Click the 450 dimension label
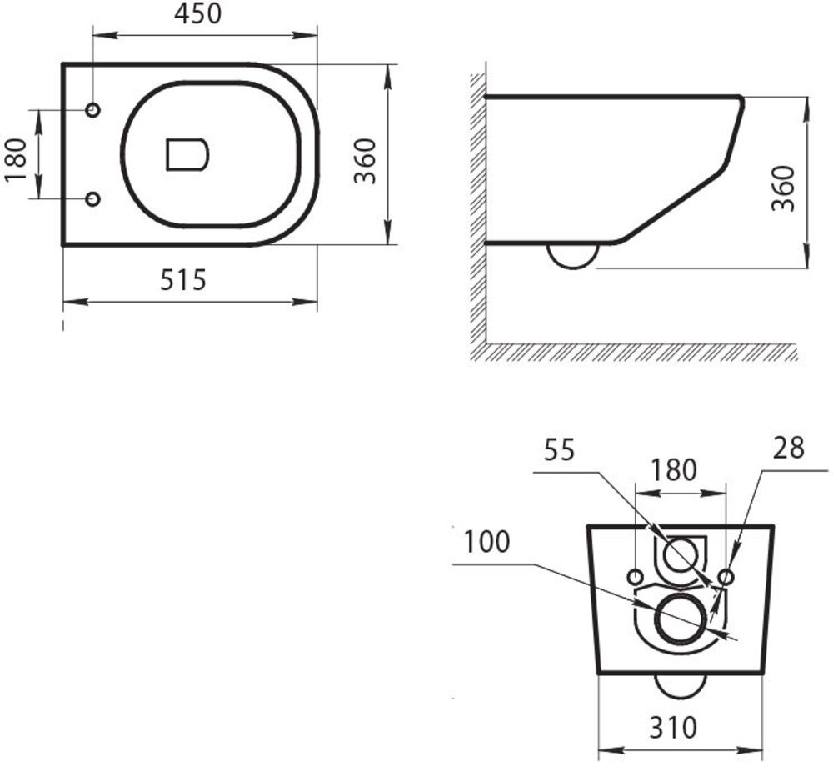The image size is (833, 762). click(x=197, y=14)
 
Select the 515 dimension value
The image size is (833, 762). click(x=182, y=280)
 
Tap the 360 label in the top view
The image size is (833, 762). click(x=365, y=161)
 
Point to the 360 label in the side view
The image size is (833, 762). click(x=783, y=188)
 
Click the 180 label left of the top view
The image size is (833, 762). click(x=15, y=159)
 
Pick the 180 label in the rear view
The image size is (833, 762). click(x=673, y=470)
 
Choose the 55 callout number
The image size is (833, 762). click(x=559, y=450)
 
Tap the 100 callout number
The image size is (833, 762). click(x=486, y=542)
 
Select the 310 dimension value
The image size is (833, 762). click(x=672, y=727)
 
